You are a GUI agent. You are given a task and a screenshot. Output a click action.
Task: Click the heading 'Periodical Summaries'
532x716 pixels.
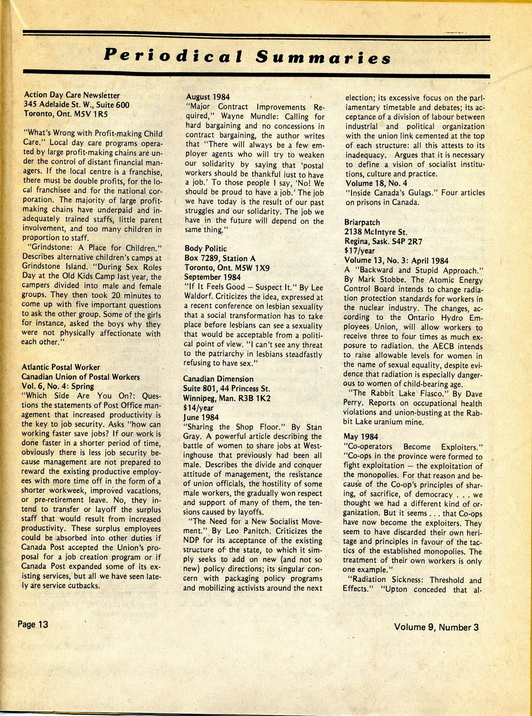point(247,56)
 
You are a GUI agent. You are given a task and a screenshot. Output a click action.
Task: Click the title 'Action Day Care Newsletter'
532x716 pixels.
point(72,95)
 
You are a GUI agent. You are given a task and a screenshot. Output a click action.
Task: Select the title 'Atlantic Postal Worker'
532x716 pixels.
point(61,367)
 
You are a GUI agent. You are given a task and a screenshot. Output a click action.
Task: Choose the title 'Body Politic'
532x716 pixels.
point(206,248)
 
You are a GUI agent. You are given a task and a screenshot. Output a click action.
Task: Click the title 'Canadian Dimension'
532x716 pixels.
point(218,379)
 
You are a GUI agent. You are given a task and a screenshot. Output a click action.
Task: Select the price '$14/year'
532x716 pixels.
point(198,408)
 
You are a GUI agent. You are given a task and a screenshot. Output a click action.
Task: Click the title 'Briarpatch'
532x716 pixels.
point(362,222)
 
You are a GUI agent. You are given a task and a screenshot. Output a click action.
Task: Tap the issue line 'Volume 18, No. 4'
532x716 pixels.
point(376,183)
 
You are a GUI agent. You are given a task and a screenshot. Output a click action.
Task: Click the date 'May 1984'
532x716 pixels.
point(360,437)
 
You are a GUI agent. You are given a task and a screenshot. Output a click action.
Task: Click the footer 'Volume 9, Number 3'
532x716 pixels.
point(436,627)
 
